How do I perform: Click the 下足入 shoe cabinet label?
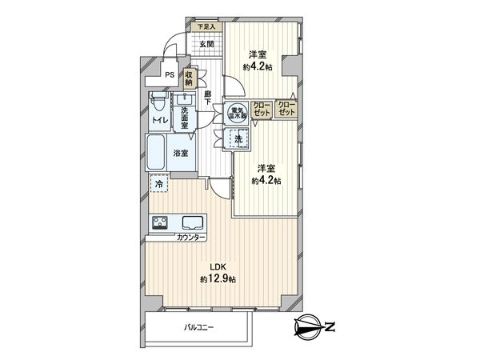pyautogui.click(x=206, y=26)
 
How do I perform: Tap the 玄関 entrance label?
pyautogui.click(x=206, y=43)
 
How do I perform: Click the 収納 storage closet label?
pyautogui.click(x=190, y=77)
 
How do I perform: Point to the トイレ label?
pyautogui.click(x=158, y=122)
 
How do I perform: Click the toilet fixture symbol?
pyautogui.click(x=158, y=103)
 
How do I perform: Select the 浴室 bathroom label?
pyautogui.click(x=179, y=153)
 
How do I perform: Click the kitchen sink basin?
pyautogui.click(x=192, y=222)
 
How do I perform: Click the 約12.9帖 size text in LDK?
pyautogui.click(x=218, y=279)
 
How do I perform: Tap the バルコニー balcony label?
pyautogui.click(x=198, y=327)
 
